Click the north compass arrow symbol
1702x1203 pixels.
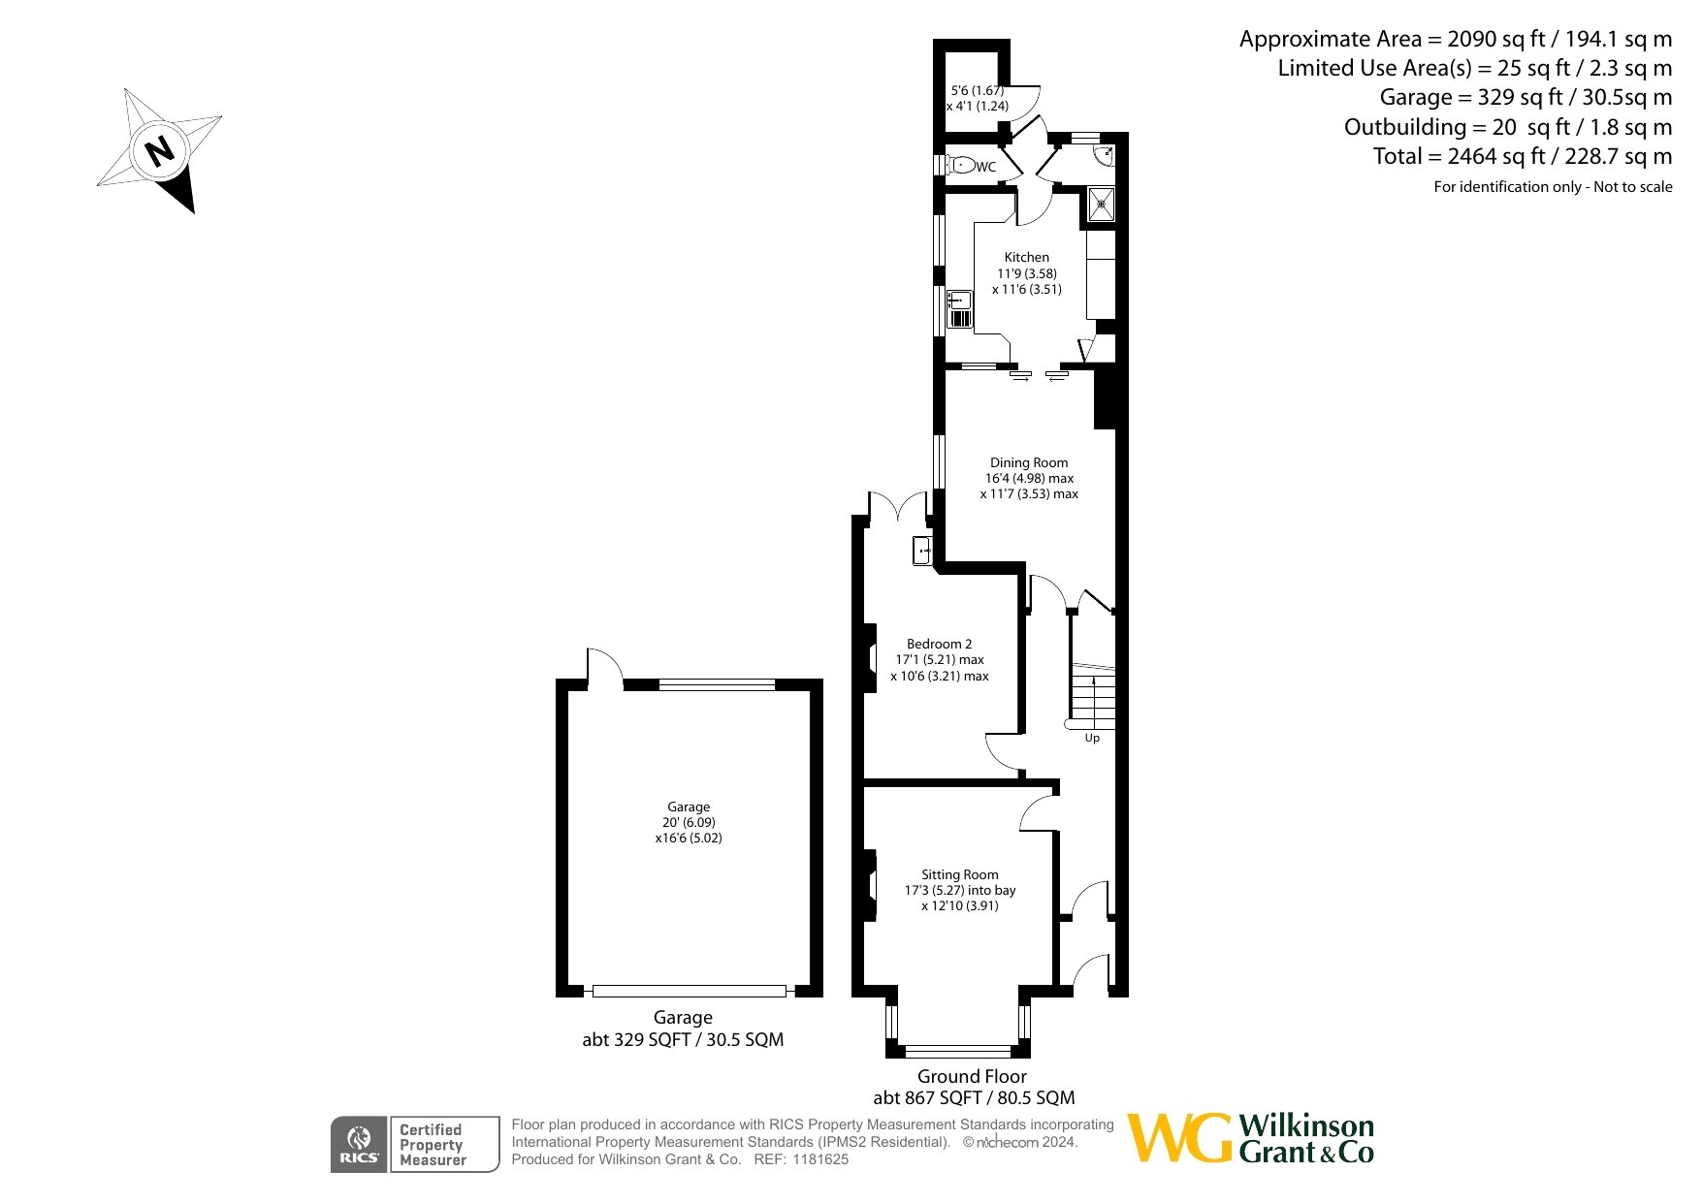pyautogui.click(x=160, y=150)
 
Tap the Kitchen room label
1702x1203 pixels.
pyautogui.click(x=1026, y=257)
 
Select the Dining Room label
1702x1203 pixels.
pyautogui.click(x=1029, y=462)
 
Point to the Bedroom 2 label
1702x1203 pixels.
pyautogui.click(x=939, y=644)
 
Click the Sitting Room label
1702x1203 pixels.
pyautogui.click(x=959, y=874)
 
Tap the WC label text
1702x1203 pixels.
pyautogui.click(x=985, y=167)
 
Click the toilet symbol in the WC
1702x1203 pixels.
pyautogui.click(x=959, y=165)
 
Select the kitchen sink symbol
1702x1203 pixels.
pyautogui.click(x=959, y=309)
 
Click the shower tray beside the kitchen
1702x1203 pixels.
pyautogui.click(x=1101, y=206)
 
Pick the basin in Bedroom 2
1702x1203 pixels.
pyautogui.click(x=921, y=551)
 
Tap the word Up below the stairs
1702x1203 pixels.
pyautogui.click(x=1092, y=738)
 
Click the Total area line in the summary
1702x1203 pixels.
pyautogui.click(x=1523, y=156)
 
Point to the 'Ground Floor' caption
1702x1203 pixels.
pyautogui.click(x=972, y=1076)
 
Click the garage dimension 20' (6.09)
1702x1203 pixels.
pyautogui.click(x=689, y=822)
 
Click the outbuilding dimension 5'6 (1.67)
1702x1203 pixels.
pyautogui.click(x=977, y=90)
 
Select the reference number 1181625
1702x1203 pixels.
pyautogui.click(x=820, y=1159)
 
